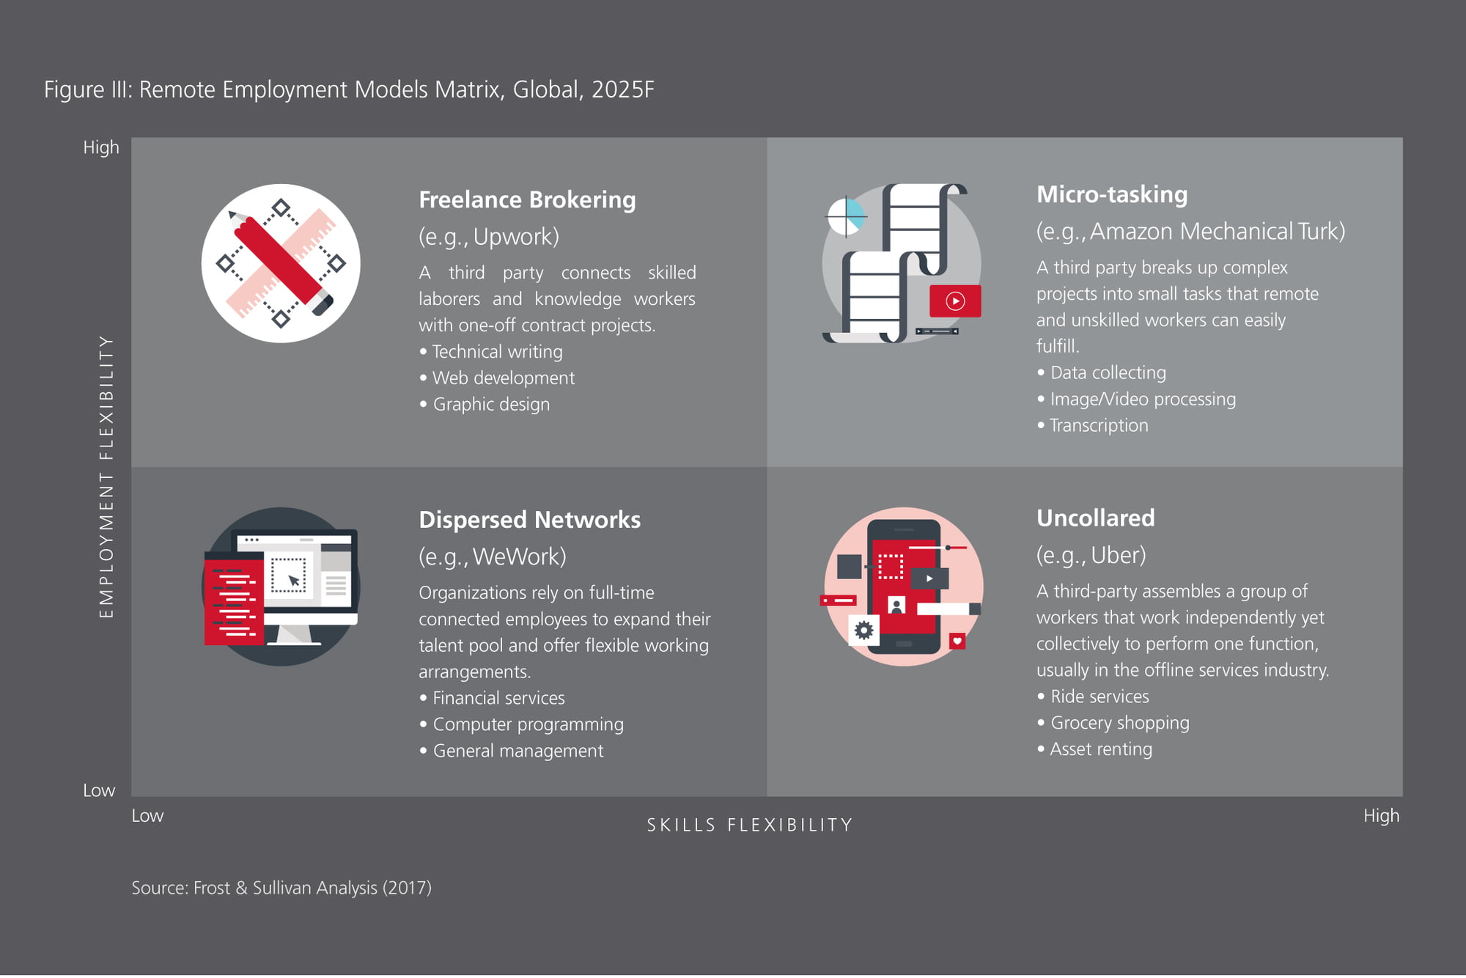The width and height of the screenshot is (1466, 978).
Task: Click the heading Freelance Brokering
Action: point(527,200)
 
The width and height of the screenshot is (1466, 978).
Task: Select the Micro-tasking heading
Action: point(1112,194)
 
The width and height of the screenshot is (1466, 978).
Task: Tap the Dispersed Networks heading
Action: point(529,520)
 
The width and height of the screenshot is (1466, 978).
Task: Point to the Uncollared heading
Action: point(1095,518)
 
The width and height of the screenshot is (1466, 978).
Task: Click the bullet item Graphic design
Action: point(491,405)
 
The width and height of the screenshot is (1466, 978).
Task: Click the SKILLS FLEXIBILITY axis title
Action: point(750,825)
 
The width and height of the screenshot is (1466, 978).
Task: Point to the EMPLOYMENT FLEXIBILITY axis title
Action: point(106,477)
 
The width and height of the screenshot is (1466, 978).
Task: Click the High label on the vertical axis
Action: point(101,147)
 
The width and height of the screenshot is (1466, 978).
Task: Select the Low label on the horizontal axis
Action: point(147,816)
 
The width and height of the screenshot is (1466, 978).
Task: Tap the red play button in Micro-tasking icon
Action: point(955,301)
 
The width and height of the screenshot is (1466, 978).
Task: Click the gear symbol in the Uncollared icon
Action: point(863,630)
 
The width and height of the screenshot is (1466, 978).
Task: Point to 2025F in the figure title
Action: point(622,89)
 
